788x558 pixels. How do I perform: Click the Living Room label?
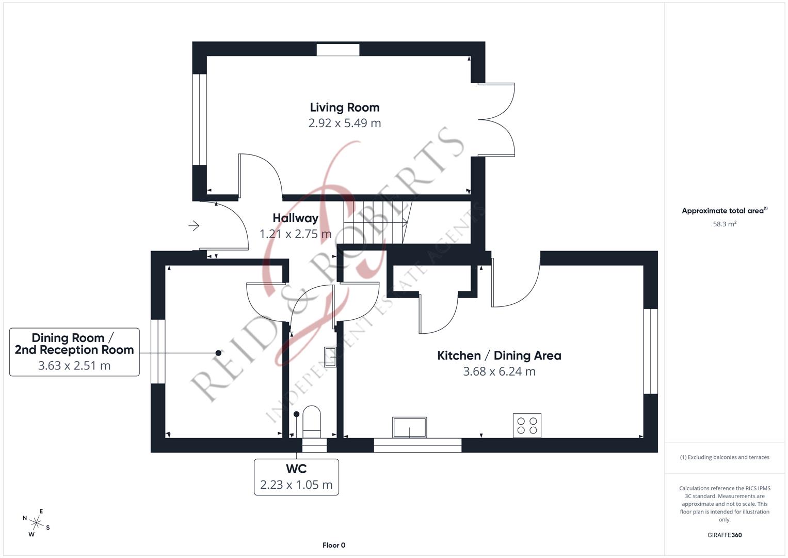pyautogui.click(x=344, y=107)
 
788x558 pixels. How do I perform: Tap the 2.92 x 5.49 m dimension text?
pyautogui.click(x=344, y=123)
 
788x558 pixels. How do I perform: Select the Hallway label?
pyautogui.click(x=295, y=218)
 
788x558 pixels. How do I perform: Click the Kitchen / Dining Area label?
pyautogui.click(x=498, y=355)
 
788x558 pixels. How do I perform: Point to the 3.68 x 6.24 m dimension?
pyautogui.click(x=498, y=371)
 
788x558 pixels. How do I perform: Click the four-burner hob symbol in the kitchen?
pyautogui.click(x=526, y=425)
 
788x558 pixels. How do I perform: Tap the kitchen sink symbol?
pyautogui.click(x=409, y=427)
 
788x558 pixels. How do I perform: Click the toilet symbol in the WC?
pyautogui.click(x=312, y=420)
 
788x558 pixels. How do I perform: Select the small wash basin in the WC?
pyautogui.click(x=330, y=356)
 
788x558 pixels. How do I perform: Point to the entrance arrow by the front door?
pyautogui.click(x=194, y=226)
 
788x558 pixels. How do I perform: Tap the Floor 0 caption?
pyautogui.click(x=333, y=545)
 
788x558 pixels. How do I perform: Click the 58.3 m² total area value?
pyautogui.click(x=724, y=224)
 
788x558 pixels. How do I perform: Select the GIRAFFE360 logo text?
pyautogui.click(x=724, y=535)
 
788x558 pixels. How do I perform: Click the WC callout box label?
pyautogui.click(x=296, y=469)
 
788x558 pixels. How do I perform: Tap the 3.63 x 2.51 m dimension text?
pyautogui.click(x=74, y=366)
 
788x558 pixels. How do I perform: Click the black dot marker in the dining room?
pyautogui.click(x=218, y=353)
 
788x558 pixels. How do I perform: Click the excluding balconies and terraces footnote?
pyautogui.click(x=724, y=457)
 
